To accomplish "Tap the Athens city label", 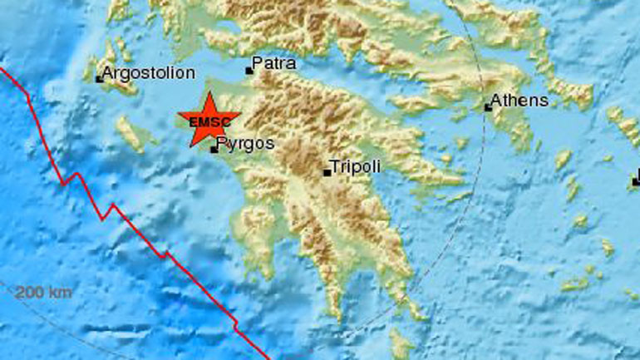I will click(x=519, y=101).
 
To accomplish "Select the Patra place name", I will click(x=273, y=63).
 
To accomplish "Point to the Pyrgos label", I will click(x=244, y=144).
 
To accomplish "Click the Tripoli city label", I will click(x=355, y=167).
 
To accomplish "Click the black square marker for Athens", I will click(x=489, y=106).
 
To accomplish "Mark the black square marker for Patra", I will click(x=249, y=71).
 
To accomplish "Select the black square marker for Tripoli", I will click(x=327, y=173).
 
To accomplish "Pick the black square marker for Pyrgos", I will click(x=214, y=150).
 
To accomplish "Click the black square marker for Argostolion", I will click(x=100, y=79).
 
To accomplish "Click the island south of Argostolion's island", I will click(x=130, y=133).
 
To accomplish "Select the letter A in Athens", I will click(x=496, y=101).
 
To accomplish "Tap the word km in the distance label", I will click(x=60, y=292).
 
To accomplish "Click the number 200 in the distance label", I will click(x=32, y=292).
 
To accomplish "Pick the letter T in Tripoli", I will click(x=335, y=167).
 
